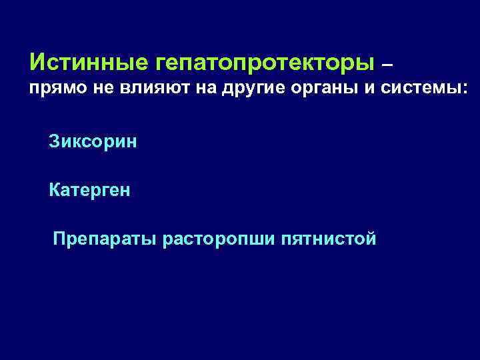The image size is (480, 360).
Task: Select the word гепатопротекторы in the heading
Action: (265, 64)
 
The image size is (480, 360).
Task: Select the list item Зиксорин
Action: (93, 141)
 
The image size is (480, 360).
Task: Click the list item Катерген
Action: (89, 190)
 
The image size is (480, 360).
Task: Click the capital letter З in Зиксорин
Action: (53, 141)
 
